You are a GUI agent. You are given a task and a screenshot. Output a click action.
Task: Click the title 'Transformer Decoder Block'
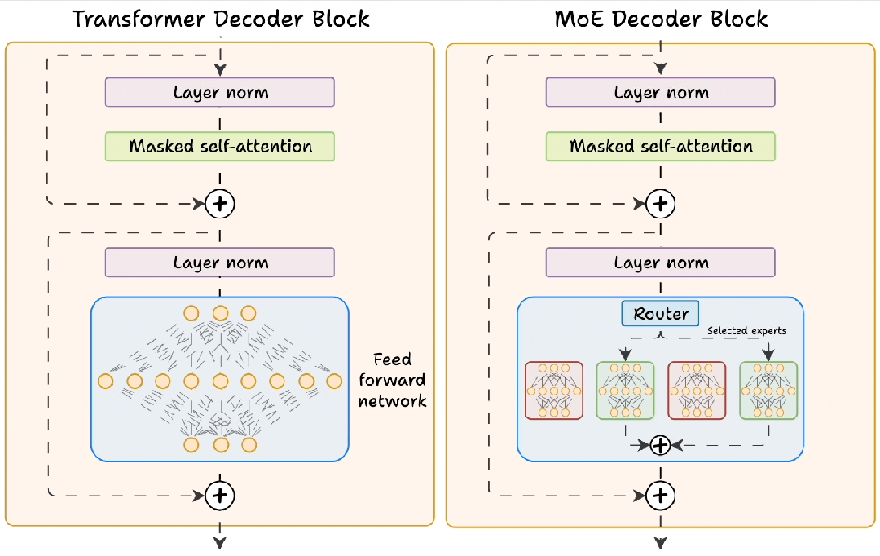(x=221, y=18)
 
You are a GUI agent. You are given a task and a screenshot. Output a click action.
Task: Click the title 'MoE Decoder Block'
(x=661, y=18)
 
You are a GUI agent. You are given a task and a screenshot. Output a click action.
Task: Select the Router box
(x=661, y=314)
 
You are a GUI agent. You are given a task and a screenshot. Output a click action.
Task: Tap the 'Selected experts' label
(x=746, y=330)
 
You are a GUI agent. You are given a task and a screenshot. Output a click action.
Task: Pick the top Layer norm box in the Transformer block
(x=220, y=92)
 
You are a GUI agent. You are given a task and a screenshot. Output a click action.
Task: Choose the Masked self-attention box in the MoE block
(x=661, y=147)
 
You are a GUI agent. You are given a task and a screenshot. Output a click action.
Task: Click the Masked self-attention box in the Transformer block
(x=220, y=147)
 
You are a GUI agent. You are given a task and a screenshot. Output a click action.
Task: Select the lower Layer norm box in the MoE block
(x=661, y=263)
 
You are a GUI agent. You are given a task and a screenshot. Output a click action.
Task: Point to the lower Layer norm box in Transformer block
(x=220, y=263)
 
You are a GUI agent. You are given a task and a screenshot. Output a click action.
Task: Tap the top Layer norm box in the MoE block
(x=661, y=92)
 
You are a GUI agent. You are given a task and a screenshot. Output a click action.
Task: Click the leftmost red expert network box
(x=554, y=391)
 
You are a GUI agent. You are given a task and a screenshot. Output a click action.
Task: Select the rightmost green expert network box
(x=768, y=391)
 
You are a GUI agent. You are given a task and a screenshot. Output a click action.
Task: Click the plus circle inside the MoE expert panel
(x=661, y=444)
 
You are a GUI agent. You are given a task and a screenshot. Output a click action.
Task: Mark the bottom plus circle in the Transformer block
(x=220, y=494)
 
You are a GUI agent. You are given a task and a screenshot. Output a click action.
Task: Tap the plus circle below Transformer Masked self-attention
(x=220, y=204)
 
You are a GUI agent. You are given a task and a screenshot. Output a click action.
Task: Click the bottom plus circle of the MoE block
(x=661, y=494)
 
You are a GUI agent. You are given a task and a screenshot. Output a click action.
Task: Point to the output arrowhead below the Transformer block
(x=220, y=543)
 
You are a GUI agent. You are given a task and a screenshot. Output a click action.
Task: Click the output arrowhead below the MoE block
(x=661, y=543)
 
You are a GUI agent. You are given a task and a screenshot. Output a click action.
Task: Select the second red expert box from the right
(x=697, y=391)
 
